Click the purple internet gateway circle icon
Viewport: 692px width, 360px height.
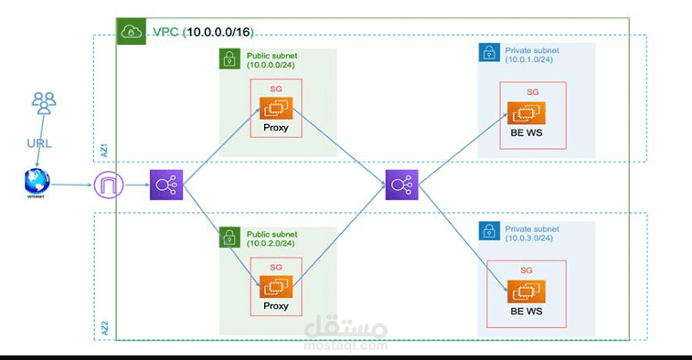click(107, 186)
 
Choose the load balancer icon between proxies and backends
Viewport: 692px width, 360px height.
click(400, 186)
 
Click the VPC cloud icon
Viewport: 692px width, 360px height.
click(132, 31)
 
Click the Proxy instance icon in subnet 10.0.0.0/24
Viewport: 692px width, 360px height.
click(275, 110)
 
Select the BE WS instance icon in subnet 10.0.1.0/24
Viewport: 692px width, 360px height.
click(526, 114)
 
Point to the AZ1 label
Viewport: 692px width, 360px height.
click(103, 149)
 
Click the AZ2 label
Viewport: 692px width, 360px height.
click(103, 326)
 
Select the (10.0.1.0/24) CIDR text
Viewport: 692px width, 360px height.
click(528, 59)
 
